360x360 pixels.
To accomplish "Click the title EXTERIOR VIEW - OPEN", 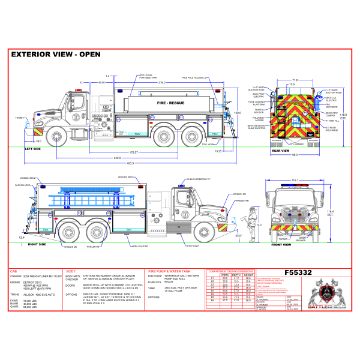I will tap(56, 54).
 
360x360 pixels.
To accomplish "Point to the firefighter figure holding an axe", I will tap(252, 223).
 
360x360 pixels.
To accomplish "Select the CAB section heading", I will tap(14, 271).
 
